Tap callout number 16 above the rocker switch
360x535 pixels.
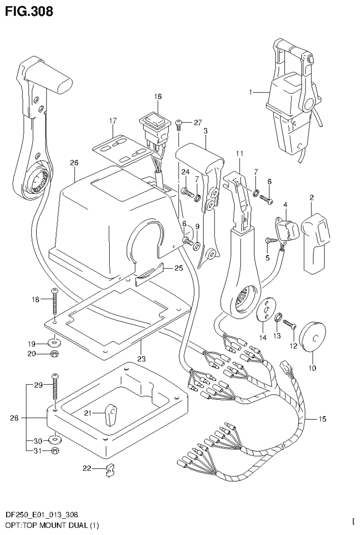(157, 96)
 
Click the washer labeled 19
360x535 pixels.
(54, 340)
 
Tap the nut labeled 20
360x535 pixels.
(54, 354)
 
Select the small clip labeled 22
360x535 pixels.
(110, 469)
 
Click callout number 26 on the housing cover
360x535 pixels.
(74, 163)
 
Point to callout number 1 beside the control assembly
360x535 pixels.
(252, 93)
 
